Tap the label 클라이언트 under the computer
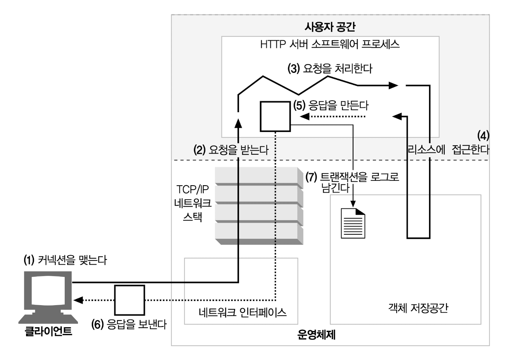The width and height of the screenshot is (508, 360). [48, 331]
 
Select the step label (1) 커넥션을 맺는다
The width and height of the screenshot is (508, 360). [65, 260]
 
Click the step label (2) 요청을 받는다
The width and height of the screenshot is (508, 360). [231, 150]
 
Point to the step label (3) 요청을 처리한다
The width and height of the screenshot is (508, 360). [330, 68]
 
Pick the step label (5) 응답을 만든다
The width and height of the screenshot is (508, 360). [331, 105]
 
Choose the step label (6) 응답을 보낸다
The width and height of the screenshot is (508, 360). [129, 324]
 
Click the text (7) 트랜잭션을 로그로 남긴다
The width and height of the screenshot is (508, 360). [352, 182]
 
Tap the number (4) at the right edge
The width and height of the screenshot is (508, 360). [483, 136]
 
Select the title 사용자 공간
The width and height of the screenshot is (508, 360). [330, 27]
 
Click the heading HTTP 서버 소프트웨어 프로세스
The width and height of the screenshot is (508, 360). [330, 44]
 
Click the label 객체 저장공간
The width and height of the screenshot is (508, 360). [418, 308]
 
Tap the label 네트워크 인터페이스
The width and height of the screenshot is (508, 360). [242, 312]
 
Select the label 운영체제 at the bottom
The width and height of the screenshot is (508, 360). [317, 335]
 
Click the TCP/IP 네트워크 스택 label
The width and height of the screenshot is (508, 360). [193, 203]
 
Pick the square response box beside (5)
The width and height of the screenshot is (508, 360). [275, 116]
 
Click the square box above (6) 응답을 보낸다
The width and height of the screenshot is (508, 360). [129, 300]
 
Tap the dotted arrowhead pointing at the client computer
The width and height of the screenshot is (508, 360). [78, 300]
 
